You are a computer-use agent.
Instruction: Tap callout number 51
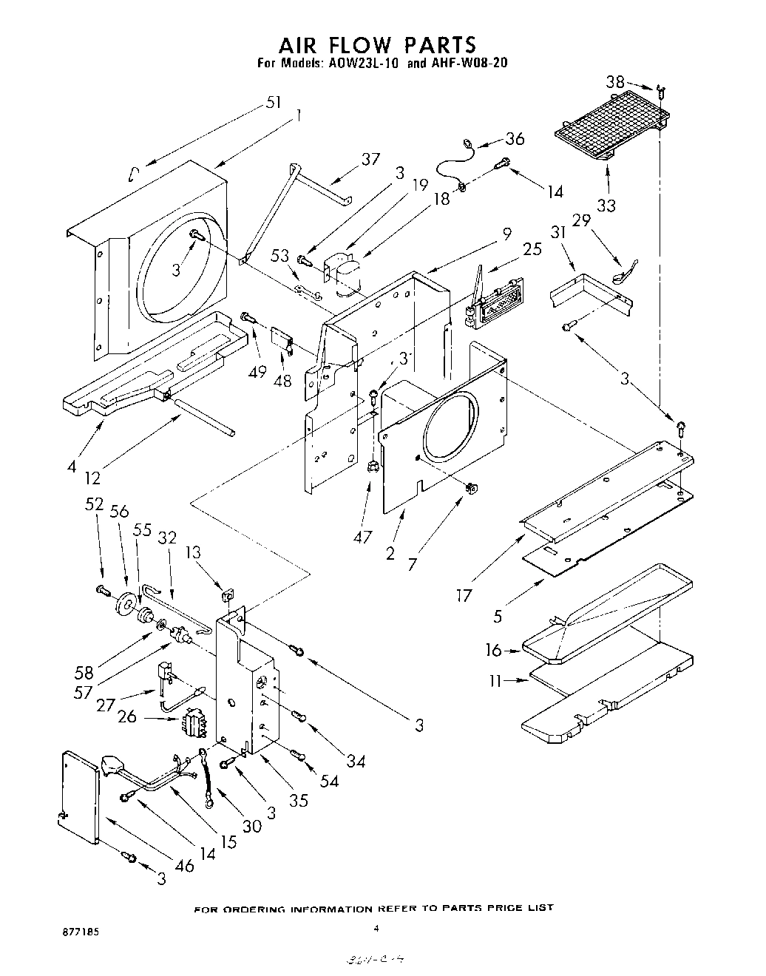(274, 103)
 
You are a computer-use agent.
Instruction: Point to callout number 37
(370, 158)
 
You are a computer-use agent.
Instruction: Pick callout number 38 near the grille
(615, 81)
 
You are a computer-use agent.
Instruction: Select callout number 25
(532, 249)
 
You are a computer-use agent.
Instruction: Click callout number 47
(362, 516)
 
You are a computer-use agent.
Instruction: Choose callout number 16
(493, 650)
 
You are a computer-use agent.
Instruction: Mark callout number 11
(497, 681)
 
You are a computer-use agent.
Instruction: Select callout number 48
(282, 381)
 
